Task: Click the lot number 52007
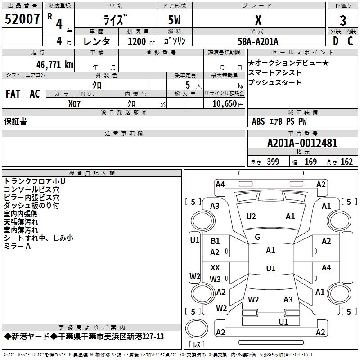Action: click(22, 19)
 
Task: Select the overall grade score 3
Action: click(343, 21)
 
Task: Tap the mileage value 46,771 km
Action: click(55, 65)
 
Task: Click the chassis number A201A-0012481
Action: click(302, 143)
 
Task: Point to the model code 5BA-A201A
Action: click(258, 41)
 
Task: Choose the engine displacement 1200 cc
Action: click(141, 41)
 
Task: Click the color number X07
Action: click(74, 104)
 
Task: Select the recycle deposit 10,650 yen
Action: click(228, 104)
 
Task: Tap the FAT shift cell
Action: click(13, 94)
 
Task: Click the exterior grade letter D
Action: click(336, 41)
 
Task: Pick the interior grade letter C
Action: click(350, 41)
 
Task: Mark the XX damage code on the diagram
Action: click(215, 267)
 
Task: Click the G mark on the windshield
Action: click(257, 237)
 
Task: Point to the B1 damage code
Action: click(215, 241)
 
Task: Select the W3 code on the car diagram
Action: click(215, 279)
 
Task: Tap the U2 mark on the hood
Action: click(251, 216)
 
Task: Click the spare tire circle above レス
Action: click(197, 328)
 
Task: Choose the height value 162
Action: click(346, 162)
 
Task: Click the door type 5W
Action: click(174, 20)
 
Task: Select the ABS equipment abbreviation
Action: click(258, 121)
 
